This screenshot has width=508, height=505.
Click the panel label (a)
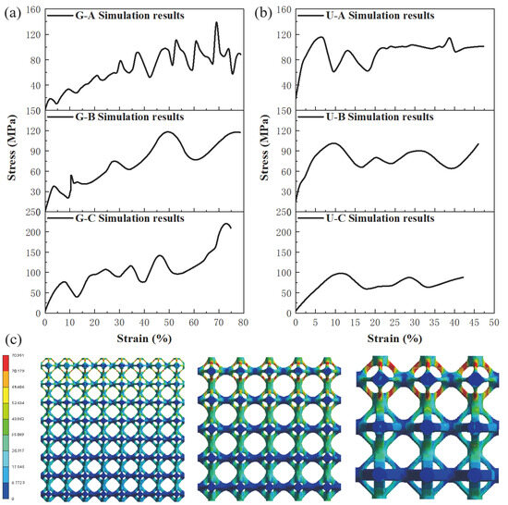(12, 13)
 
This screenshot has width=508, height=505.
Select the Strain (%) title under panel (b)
(394, 338)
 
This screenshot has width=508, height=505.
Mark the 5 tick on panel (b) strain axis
(315, 323)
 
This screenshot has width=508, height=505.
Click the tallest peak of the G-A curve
(217, 23)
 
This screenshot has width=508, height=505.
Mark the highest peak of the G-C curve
(226, 224)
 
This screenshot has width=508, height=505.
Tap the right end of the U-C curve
(463, 277)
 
